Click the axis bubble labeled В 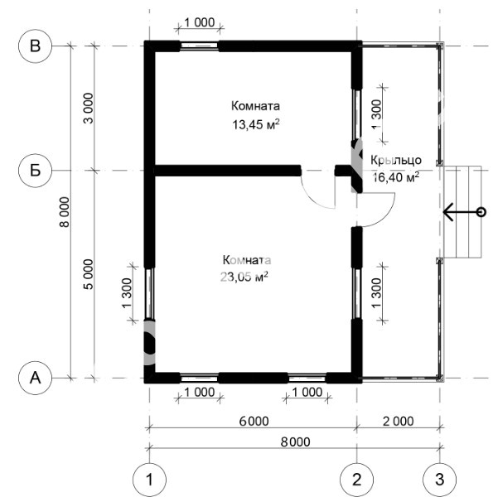pos(35,46)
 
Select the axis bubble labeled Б pos(35,171)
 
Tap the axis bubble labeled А pos(35,378)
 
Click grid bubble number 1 pos(149,480)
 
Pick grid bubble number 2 pos(356,480)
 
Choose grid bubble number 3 pos(440,480)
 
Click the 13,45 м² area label pos(256,124)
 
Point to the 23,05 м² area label pos(244,277)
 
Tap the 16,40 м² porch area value pos(396,177)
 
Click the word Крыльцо pos(396,160)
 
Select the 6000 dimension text pos(254,422)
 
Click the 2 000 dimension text pos(399,422)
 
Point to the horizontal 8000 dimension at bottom pos(295,442)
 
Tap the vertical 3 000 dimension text pos(89,108)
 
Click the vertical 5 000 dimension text pos(89,274)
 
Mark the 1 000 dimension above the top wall pos(199,22)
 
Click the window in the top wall pos(199,46)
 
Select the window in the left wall pos(149,293)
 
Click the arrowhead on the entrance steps pos(447,212)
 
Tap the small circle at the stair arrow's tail pos(481,212)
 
